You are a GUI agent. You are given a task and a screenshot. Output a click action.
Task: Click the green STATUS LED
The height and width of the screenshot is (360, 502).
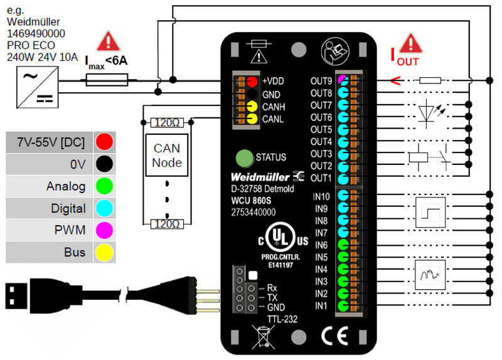(x=243, y=157)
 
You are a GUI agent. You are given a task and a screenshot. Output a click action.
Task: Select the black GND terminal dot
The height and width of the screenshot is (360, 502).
(x=252, y=94)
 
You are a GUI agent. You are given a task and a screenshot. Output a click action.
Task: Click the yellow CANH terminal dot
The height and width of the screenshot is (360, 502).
(x=252, y=107)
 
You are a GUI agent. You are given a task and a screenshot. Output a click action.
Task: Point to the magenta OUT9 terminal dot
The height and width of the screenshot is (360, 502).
(x=343, y=80)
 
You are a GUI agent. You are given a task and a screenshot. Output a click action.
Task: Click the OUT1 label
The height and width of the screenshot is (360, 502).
(x=321, y=178)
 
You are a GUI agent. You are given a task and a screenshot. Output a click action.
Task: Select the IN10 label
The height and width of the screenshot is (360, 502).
(x=321, y=197)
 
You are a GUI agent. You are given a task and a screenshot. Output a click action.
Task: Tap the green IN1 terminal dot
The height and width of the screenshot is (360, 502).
(x=343, y=306)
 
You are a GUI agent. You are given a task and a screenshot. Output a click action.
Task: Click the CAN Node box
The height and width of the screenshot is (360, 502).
(x=167, y=156)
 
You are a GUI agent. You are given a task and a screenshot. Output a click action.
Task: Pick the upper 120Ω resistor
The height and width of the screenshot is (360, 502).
(x=167, y=122)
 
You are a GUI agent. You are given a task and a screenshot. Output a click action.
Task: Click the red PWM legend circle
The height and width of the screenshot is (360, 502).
(x=104, y=231)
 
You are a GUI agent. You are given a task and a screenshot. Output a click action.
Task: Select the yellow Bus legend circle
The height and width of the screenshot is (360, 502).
(x=104, y=253)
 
